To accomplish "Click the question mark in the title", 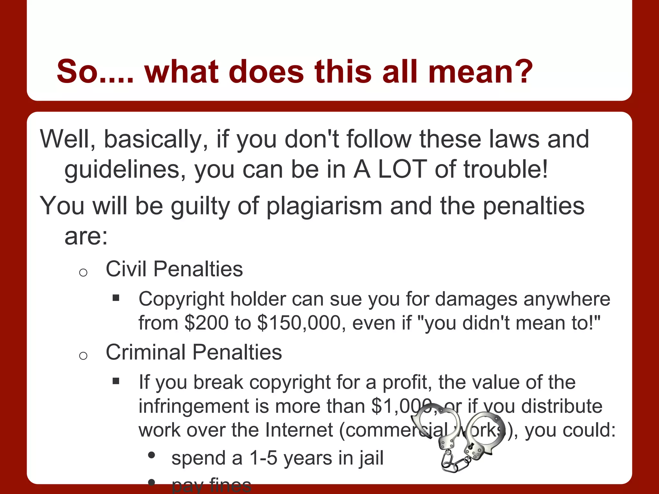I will tap(521, 71).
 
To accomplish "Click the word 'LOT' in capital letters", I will tap(402, 169).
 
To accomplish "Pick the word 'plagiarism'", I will tap(324, 206).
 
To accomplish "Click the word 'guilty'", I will tap(200, 206).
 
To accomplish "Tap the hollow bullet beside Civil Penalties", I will tap(83, 273).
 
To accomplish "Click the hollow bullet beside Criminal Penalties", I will tap(83, 356).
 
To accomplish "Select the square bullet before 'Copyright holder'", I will tap(116, 298).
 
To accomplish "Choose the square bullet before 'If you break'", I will tap(116, 381).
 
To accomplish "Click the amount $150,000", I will tap(299, 323).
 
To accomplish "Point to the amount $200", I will tap(206, 323).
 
